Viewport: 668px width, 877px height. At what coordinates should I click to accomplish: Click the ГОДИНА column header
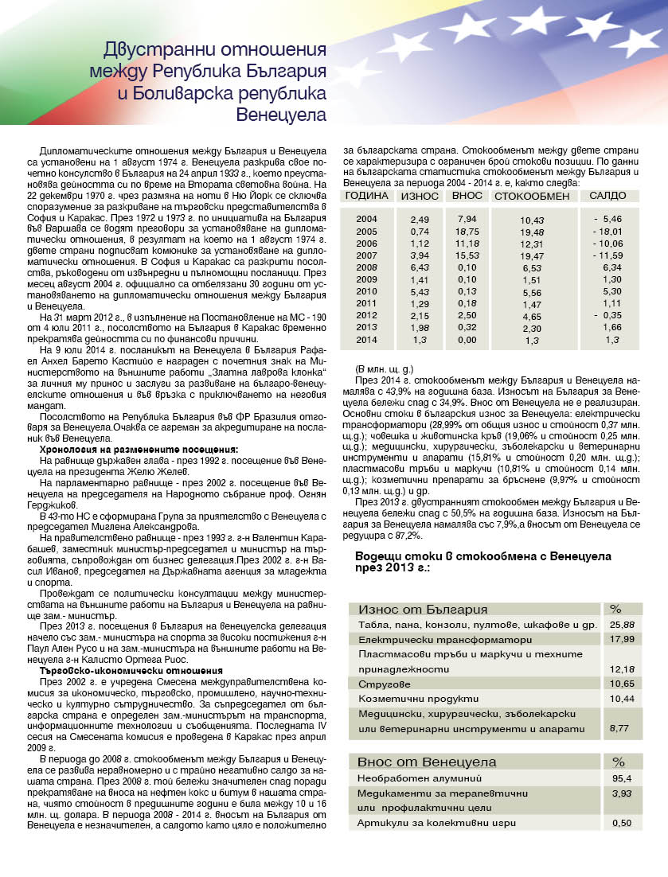(366, 196)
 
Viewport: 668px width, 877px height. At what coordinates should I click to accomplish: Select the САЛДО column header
(609, 196)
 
